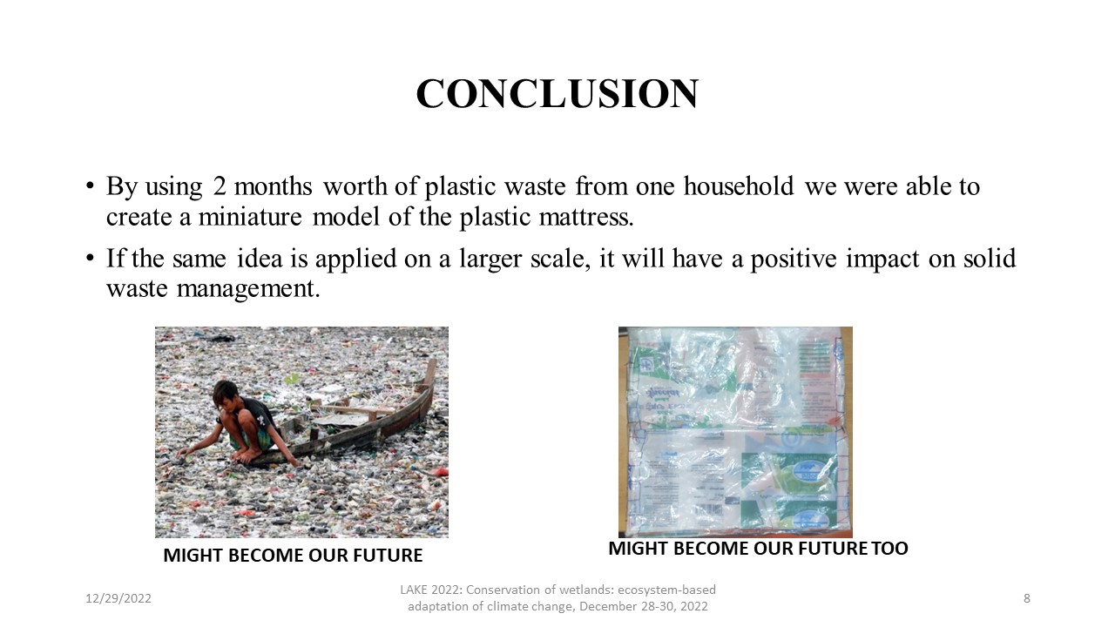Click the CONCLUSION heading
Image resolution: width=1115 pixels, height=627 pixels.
[x=557, y=93]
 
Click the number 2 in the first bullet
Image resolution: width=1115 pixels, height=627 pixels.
[x=220, y=186]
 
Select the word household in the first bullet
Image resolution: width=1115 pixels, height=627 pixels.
[x=739, y=186]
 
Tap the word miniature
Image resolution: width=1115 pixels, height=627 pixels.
[x=250, y=217]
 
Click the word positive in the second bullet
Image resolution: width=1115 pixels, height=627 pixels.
[x=794, y=259]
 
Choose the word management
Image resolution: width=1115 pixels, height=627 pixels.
[x=248, y=288]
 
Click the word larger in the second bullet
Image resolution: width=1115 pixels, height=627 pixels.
[x=490, y=259]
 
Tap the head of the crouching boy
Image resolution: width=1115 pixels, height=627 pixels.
[x=226, y=394]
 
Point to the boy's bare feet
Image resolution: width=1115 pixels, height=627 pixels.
[x=247, y=455]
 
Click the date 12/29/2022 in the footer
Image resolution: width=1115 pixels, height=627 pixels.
[x=118, y=598]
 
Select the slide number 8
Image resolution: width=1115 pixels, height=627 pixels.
[x=1026, y=598]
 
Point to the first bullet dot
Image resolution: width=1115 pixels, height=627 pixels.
[x=90, y=186]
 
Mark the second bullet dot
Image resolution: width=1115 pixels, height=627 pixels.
[x=90, y=259]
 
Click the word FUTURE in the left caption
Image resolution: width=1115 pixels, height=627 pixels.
[x=388, y=556]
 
